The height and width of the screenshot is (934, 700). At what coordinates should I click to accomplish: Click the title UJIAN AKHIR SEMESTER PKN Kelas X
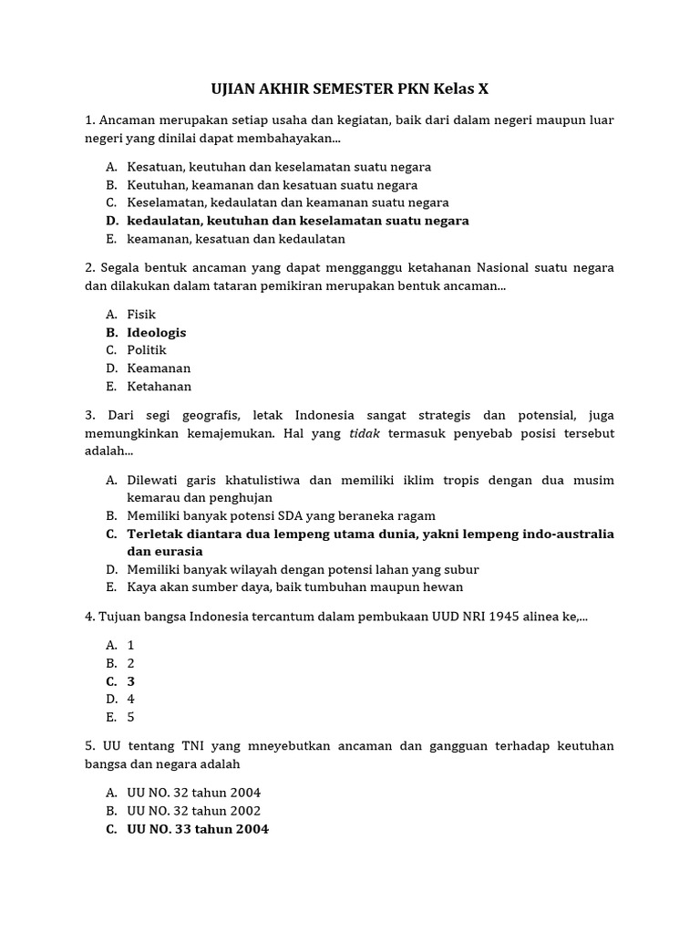tap(350, 88)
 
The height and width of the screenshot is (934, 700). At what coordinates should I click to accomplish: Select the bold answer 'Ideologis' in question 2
tap(156, 333)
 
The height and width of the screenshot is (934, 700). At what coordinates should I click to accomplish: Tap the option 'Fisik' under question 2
tap(141, 315)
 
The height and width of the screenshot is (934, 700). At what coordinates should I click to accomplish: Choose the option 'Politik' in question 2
tap(147, 350)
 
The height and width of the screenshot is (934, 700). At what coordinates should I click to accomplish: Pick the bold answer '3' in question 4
tap(131, 681)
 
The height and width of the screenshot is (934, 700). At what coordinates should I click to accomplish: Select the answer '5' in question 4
tap(131, 717)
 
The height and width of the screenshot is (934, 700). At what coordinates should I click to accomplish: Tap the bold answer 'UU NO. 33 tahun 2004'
tap(198, 829)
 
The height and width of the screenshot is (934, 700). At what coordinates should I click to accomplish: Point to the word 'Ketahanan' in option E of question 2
tap(160, 387)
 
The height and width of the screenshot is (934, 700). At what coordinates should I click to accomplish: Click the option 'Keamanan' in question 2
tap(159, 368)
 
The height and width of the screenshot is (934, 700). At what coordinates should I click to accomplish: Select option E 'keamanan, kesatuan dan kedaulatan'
tap(236, 239)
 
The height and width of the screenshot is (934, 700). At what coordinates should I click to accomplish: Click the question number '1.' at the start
tap(90, 120)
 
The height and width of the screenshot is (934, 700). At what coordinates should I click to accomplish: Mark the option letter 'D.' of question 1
tap(111, 221)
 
